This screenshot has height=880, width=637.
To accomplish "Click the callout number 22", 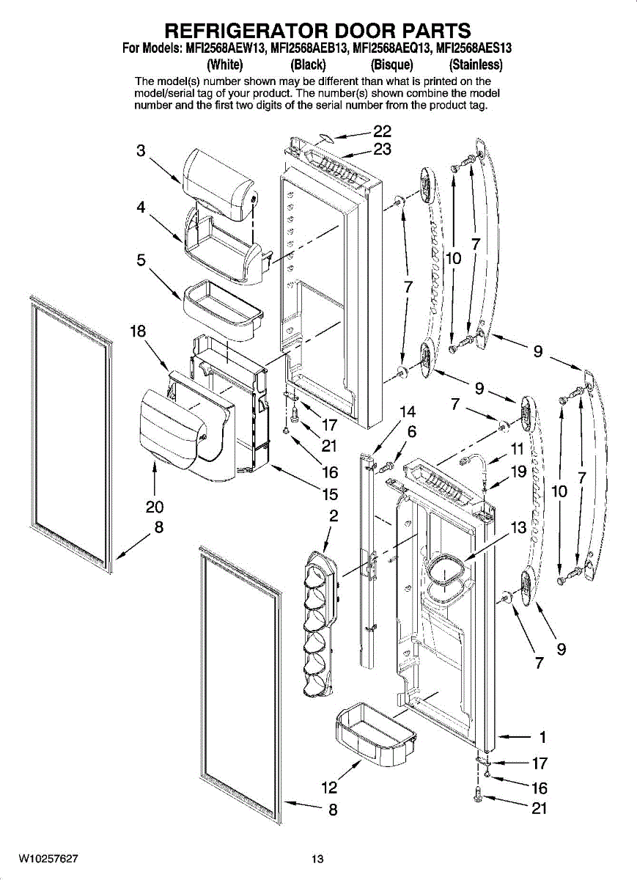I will point(382,131).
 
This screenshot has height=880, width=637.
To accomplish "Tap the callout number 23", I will point(382,150).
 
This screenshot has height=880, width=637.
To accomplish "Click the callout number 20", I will point(154,507).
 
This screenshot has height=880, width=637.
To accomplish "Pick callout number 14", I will point(408,411).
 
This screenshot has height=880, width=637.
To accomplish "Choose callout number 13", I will point(519,527).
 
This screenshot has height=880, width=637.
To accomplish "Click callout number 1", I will point(542,736).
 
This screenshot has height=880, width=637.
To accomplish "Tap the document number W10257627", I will point(48,858).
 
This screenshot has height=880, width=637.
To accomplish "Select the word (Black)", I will point(308,64).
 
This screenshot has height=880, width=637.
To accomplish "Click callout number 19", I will point(518,472).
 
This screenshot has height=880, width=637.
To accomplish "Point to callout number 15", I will point(329,494).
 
